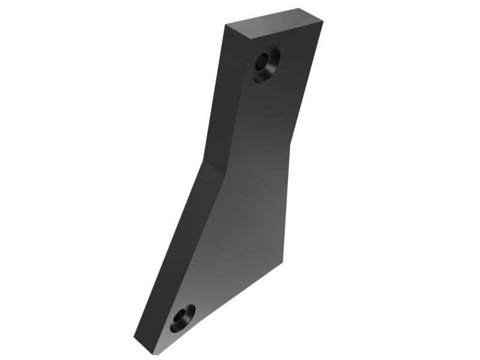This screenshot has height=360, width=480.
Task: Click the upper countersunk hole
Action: [x=266, y=64]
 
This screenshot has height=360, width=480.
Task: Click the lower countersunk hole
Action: [x=182, y=318]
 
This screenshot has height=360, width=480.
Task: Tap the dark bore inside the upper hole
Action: [x=263, y=61]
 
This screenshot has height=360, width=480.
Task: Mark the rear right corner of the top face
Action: [x=299, y=8]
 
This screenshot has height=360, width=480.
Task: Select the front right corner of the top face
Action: [x=322, y=22]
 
